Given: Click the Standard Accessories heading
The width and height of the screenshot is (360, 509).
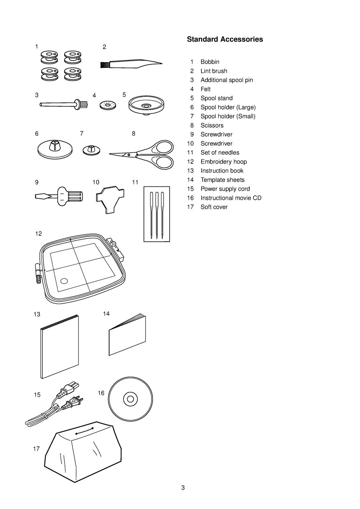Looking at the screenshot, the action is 225,39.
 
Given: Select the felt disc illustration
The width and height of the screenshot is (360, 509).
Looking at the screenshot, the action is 108,105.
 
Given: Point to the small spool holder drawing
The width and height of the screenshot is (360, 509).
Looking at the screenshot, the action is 91,150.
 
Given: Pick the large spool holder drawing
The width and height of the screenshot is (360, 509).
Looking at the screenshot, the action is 55,150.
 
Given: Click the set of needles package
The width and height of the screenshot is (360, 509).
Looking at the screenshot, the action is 157,214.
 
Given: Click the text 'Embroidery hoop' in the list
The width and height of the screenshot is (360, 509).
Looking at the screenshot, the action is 223,162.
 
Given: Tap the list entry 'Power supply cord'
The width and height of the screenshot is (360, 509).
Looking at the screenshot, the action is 225,189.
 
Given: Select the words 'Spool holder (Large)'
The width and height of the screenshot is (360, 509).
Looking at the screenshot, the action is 228,107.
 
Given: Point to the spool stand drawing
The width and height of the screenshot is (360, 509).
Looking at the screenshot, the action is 146,105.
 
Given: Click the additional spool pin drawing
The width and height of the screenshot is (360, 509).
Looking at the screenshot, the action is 64,105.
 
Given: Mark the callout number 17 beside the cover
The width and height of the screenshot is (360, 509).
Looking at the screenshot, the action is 36,449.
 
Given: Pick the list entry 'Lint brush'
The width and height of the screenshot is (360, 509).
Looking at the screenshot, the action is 214,71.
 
